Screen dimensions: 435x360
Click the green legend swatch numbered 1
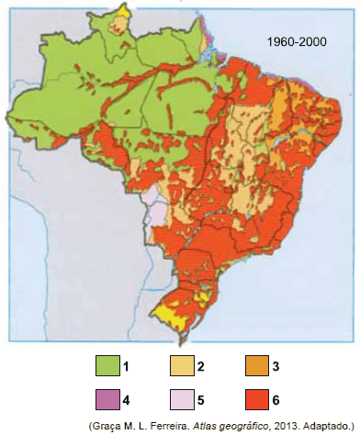(108, 366)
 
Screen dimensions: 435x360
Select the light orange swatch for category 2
(182, 366)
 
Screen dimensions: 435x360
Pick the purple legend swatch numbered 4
(108, 400)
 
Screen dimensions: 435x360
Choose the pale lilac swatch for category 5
(182, 400)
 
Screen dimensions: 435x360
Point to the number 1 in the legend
(127, 367)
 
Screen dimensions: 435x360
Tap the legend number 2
(200, 367)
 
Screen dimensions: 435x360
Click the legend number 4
(127, 401)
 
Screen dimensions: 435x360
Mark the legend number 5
(200, 401)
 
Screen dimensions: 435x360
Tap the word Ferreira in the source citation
(156, 427)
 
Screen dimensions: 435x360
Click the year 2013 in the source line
(272, 427)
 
